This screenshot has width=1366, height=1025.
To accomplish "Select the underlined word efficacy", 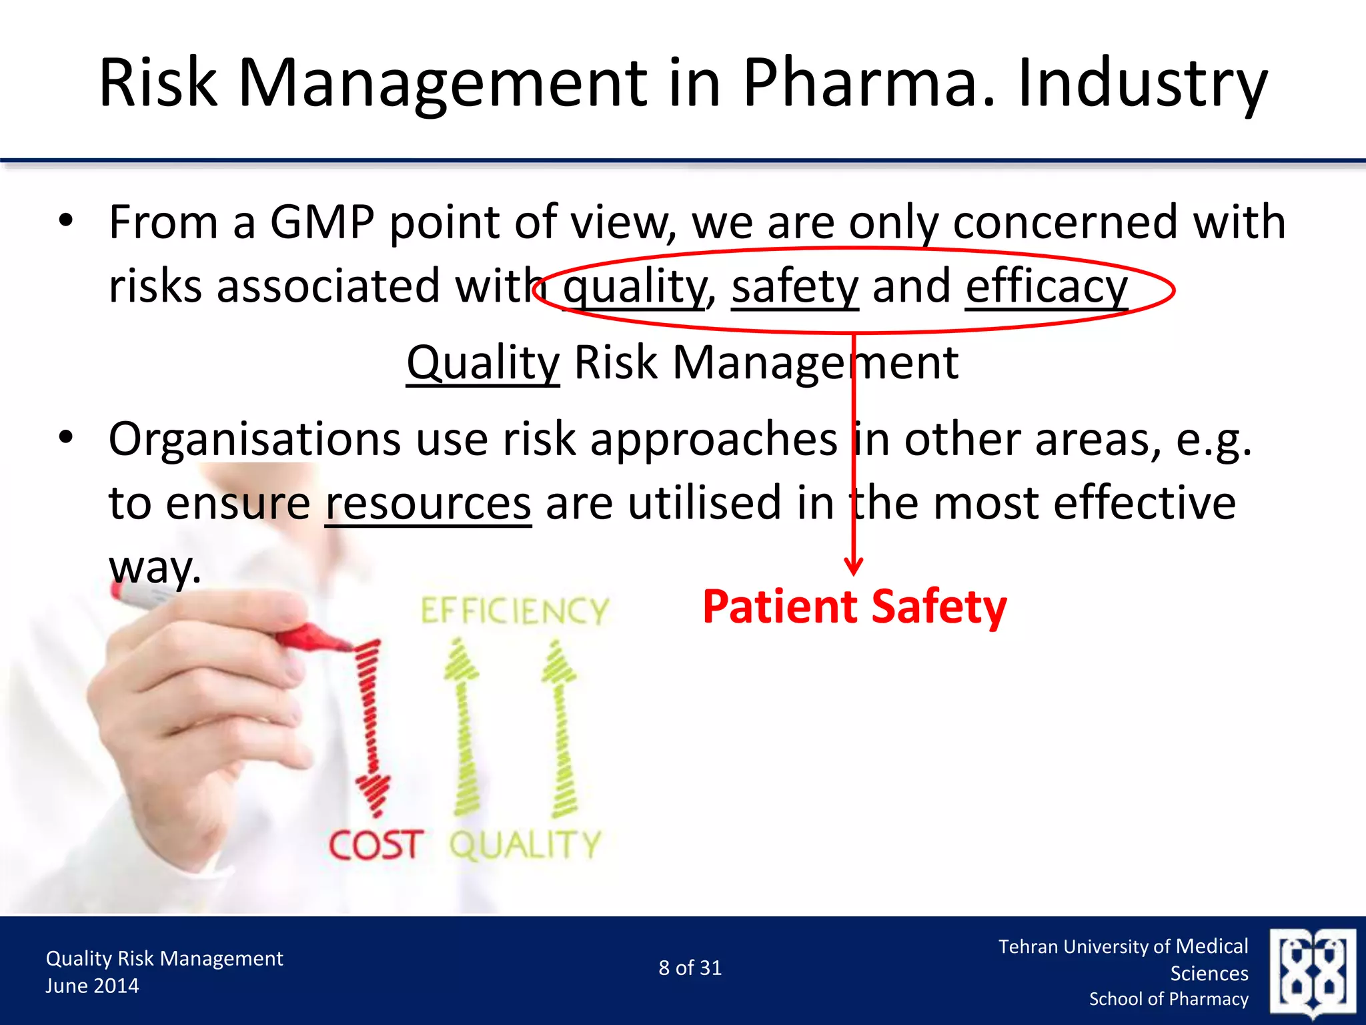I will (x=1046, y=287).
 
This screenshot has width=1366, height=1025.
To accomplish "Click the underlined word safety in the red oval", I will (x=795, y=287).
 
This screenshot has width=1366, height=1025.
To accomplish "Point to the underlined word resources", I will (x=428, y=503).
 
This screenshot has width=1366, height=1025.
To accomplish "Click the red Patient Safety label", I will (x=854, y=607).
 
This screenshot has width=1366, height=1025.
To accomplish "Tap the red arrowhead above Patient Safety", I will (x=854, y=566).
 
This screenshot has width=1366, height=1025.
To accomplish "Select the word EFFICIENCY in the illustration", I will (x=515, y=611).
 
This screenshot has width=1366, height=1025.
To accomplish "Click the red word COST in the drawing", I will (x=375, y=845).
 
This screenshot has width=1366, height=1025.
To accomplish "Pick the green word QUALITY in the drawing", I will (x=525, y=845).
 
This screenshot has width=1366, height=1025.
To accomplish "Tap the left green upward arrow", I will (x=464, y=727).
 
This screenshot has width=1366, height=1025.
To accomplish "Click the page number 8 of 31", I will (x=690, y=968).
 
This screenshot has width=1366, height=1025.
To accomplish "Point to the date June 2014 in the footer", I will (x=92, y=986).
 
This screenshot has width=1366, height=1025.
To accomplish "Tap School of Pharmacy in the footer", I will (x=1169, y=999).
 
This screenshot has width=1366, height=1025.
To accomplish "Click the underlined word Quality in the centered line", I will (x=483, y=363).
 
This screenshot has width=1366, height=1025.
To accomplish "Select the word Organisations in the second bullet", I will (x=254, y=440).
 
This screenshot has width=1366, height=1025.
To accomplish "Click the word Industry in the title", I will (x=1142, y=83).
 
